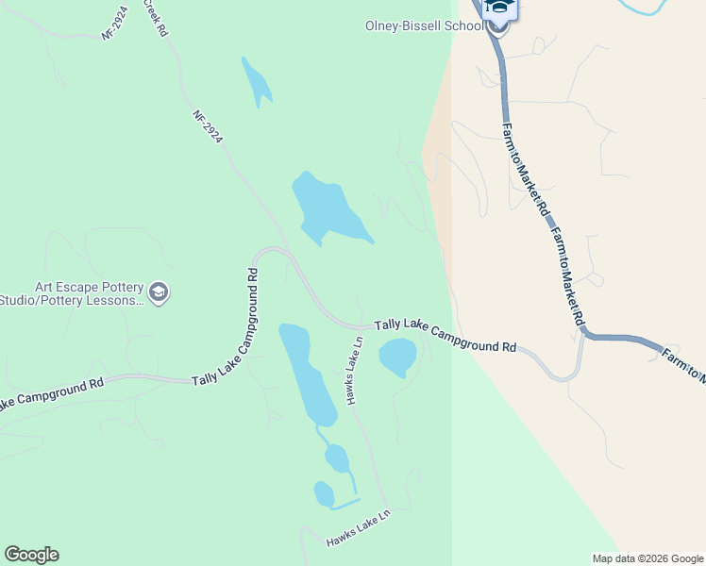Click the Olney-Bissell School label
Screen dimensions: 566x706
pyautogui.click(x=424, y=25)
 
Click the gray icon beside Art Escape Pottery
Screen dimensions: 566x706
pyautogui.click(x=159, y=292)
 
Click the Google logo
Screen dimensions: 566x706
pyautogui.click(x=31, y=555)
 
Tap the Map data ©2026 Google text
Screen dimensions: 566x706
pyautogui.click(x=647, y=558)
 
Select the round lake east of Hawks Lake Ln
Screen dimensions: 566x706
pyautogui.click(x=397, y=357)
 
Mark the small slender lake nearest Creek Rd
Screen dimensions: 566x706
pyautogui.click(x=256, y=82)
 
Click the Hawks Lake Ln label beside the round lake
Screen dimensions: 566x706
pyautogui.click(x=354, y=371)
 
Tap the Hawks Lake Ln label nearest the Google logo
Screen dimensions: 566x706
pyautogui.click(x=358, y=530)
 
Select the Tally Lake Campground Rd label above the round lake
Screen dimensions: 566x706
pyautogui.click(x=445, y=336)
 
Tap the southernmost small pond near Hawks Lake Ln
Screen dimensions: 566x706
pyautogui.click(x=324, y=494)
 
